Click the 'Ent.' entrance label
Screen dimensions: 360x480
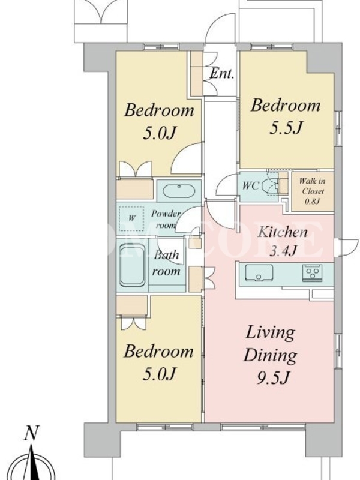click(x=222, y=73)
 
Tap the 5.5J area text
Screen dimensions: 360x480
click(x=286, y=128)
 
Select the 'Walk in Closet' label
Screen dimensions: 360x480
click(x=313, y=186)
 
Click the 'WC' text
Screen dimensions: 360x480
click(x=251, y=185)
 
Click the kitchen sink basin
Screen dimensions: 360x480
click(x=259, y=272)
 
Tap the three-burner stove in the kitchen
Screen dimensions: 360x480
click(x=312, y=272)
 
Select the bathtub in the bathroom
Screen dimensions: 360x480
click(x=132, y=265)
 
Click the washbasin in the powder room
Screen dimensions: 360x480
click(x=179, y=191)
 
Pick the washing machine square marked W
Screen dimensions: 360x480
click(x=131, y=218)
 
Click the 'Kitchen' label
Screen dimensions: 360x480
click(x=282, y=232)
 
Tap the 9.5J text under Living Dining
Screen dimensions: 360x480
click(x=273, y=379)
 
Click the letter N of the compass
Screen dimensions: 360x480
click(x=31, y=433)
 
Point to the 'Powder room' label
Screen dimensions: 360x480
click(x=166, y=219)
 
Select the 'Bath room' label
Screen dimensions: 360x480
click(x=166, y=263)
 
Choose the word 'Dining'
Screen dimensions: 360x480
click(x=271, y=356)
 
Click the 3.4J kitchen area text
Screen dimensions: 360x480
click(x=283, y=250)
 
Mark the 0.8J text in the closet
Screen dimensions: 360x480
click(x=313, y=201)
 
